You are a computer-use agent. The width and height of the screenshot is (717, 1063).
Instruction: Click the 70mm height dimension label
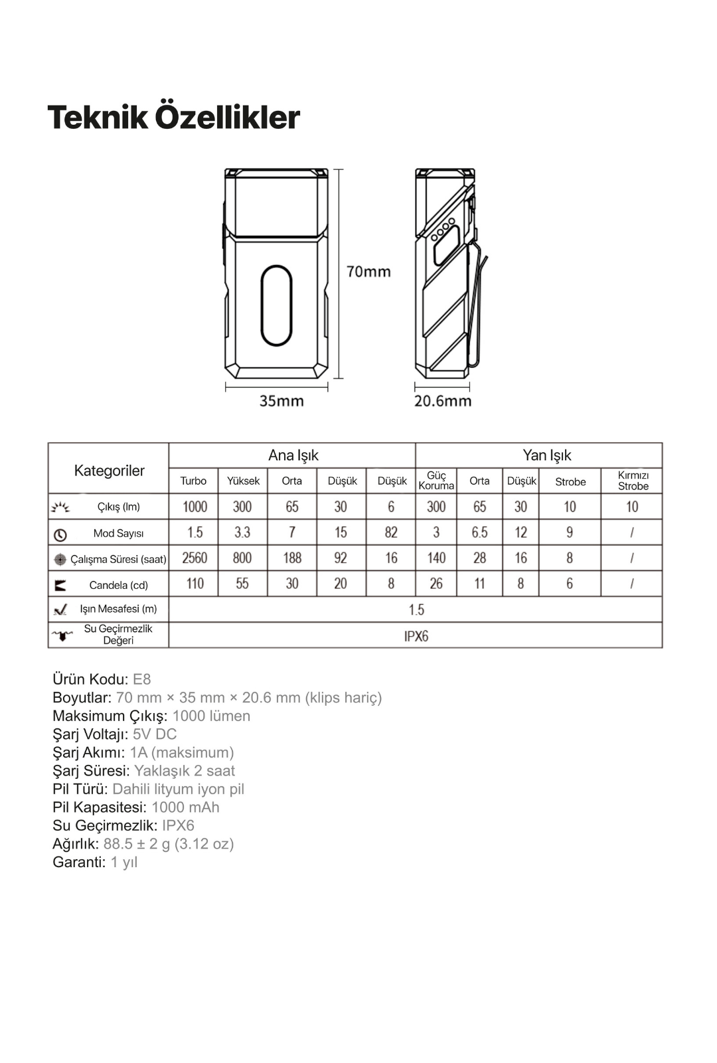368,272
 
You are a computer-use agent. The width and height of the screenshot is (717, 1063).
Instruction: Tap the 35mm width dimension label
281,401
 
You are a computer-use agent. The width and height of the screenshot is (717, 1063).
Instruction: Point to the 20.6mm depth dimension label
443,401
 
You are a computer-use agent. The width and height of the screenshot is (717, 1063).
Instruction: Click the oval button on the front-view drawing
276,305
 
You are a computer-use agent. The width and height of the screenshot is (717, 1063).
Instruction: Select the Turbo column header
193,481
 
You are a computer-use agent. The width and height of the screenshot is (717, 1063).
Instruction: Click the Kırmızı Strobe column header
633,481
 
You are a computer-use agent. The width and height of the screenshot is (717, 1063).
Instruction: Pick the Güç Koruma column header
436,481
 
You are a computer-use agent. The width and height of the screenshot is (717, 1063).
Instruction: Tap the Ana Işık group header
293,455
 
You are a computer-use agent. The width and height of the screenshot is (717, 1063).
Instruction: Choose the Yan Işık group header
546,455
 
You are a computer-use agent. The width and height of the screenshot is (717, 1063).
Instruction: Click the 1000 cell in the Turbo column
195,507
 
